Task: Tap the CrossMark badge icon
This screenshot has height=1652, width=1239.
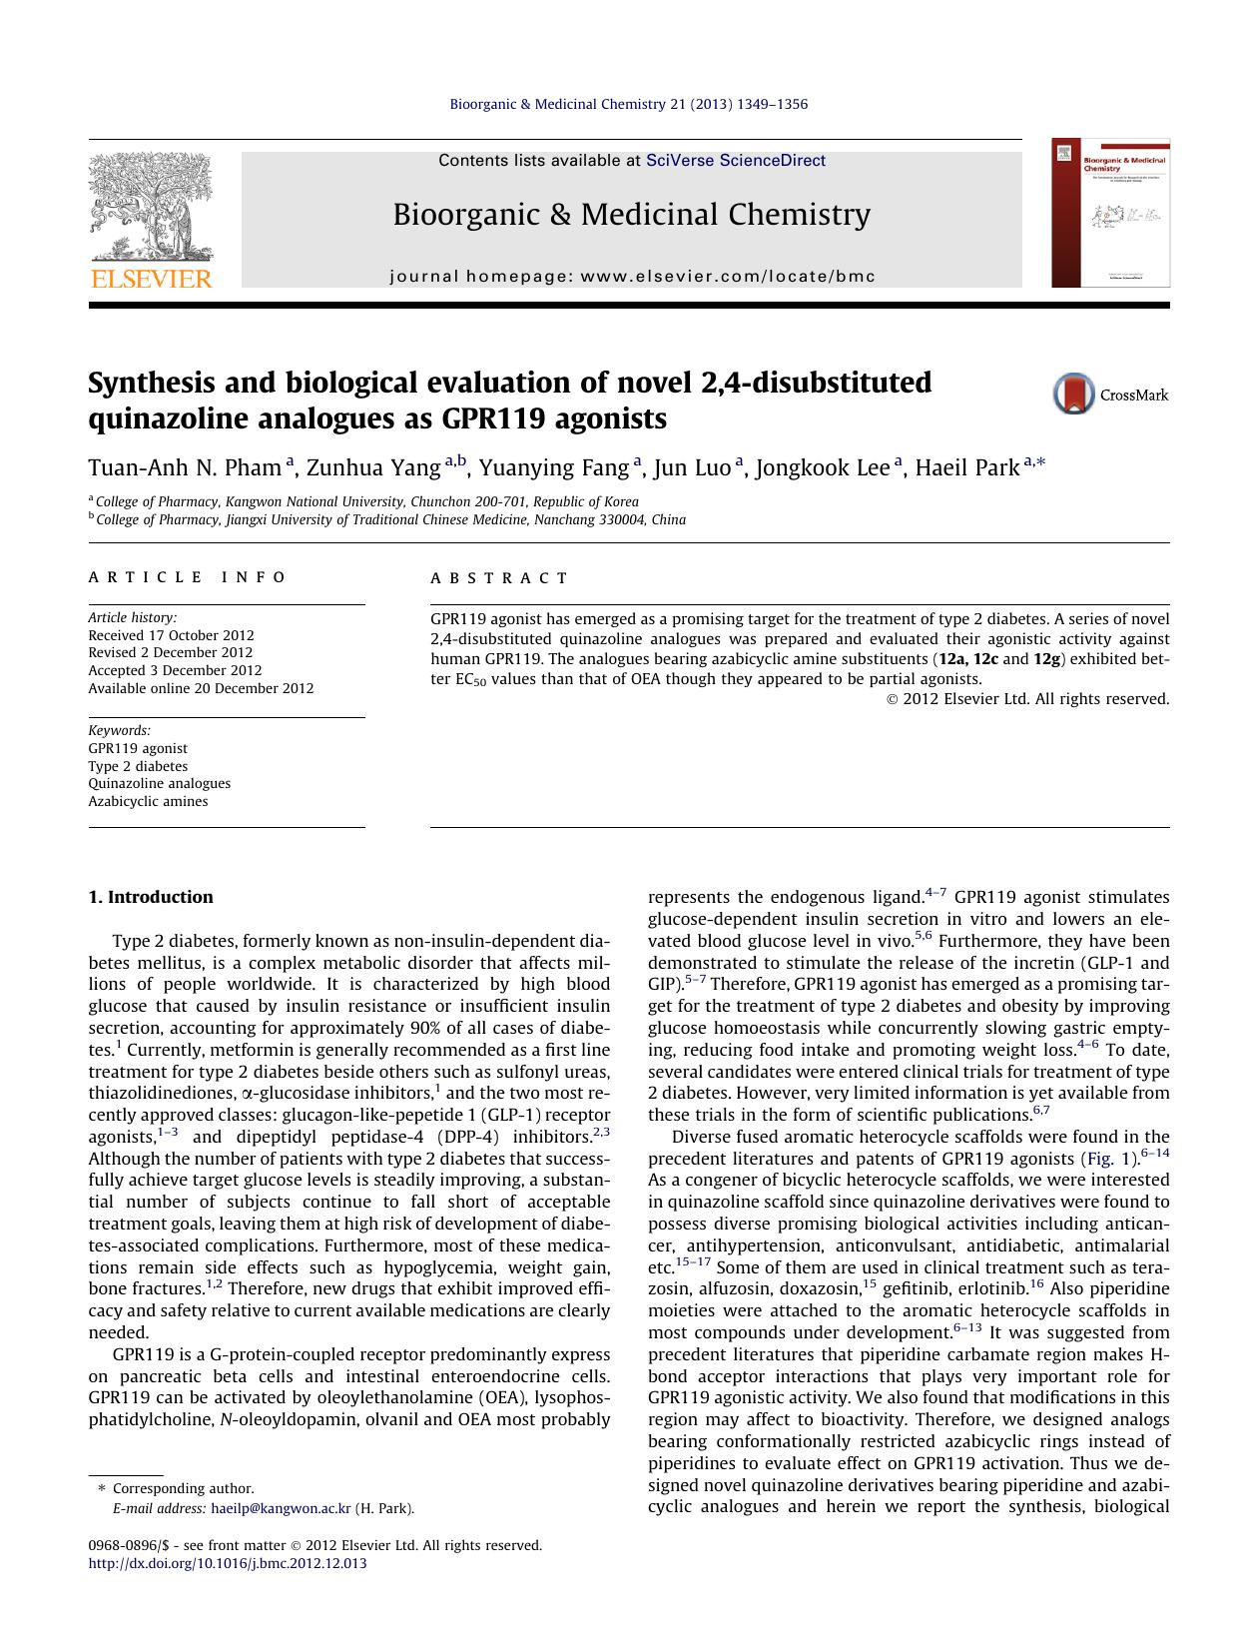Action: [1074, 395]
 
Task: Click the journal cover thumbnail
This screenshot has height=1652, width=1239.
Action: [1110, 213]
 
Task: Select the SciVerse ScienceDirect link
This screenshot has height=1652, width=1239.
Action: [736, 160]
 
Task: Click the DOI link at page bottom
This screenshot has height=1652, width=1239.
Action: [228, 1563]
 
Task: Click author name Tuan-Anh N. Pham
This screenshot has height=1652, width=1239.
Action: [185, 467]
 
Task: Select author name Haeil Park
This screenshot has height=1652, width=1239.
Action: [967, 467]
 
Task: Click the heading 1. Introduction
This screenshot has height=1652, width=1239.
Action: [151, 897]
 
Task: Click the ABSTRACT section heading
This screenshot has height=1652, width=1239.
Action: [499, 578]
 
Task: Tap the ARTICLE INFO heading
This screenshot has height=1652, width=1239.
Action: [188, 577]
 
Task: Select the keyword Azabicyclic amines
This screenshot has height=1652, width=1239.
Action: [148, 801]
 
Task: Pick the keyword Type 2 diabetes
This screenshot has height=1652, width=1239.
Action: [138, 766]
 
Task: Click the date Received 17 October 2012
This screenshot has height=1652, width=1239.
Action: [171, 635]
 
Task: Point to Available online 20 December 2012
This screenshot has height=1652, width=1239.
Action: [201, 688]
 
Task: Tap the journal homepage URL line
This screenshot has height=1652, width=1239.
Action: [632, 277]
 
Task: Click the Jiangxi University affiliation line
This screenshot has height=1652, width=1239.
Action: [390, 519]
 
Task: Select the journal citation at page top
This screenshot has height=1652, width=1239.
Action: [629, 104]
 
